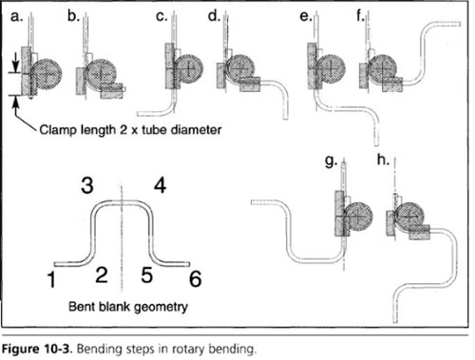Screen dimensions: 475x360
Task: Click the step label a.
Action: (x=16, y=16)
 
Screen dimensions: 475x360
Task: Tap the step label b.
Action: (x=73, y=15)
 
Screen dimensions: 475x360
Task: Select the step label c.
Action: (x=161, y=16)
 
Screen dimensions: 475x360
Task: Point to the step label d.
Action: (x=214, y=15)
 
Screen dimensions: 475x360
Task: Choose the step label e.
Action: (x=306, y=16)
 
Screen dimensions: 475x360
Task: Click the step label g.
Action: (x=332, y=161)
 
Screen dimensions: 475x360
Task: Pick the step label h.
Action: (x=383, y=160)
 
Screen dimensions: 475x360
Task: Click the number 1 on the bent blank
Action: (x=51, y=279)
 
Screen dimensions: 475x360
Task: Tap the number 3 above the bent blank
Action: (x=87, y=185)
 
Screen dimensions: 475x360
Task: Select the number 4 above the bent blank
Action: (x=161, y=185)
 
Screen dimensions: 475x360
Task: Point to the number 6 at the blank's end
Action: (x=196, y=278)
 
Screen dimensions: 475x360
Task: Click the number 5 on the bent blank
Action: (x=147, y=275)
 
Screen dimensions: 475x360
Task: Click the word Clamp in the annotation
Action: (x=59, y=130)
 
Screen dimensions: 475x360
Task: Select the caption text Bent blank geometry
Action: (x=128, y=307)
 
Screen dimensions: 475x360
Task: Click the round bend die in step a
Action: (x=47, y=73)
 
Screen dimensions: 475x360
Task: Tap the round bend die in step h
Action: (x=409, y=217)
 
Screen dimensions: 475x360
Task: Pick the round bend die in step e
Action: (x=331, y=68)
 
